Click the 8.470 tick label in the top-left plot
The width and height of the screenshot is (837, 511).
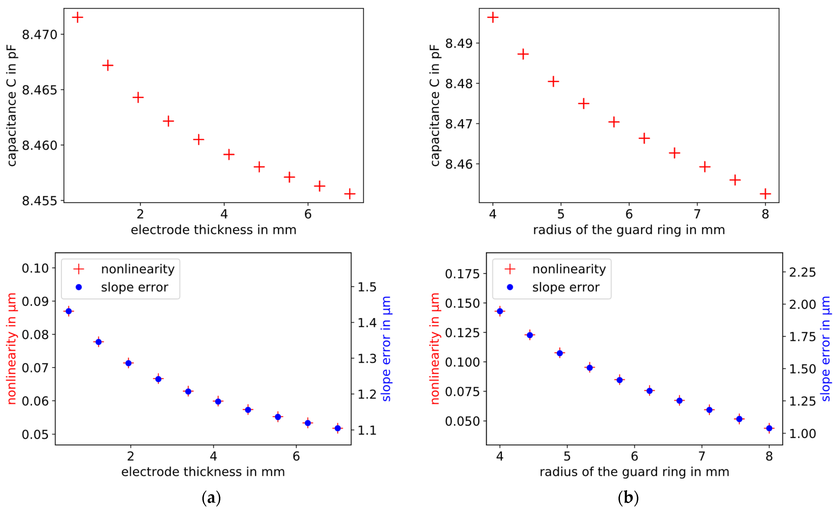40,35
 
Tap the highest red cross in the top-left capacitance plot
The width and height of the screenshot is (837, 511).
78,17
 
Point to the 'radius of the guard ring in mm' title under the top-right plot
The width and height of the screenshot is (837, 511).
629,230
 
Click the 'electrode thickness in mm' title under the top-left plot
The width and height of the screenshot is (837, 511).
213,230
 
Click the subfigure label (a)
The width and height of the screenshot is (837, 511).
211,498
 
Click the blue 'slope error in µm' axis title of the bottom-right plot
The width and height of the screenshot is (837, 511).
826,349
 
